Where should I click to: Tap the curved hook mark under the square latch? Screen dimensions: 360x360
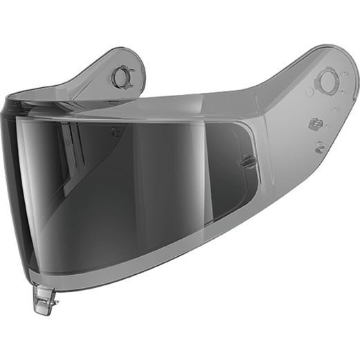(x=319, y=146)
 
